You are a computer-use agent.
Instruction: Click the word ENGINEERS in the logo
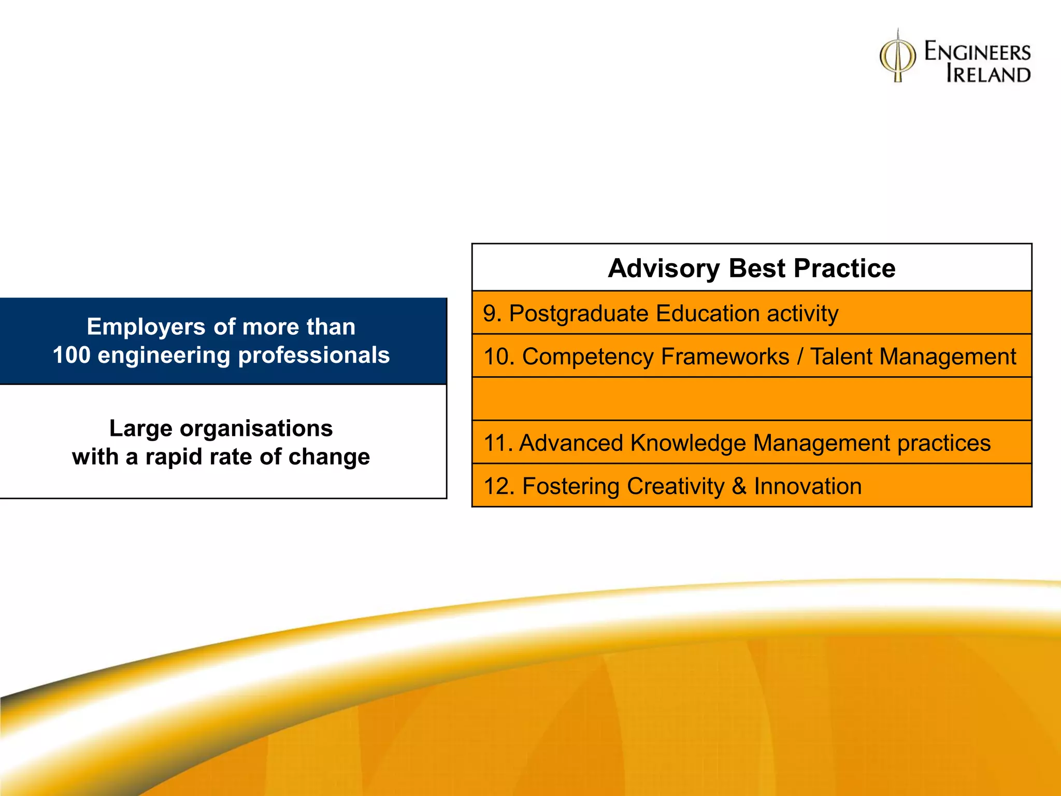tap(977, 52)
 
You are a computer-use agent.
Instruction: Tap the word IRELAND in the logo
tap(988, 74)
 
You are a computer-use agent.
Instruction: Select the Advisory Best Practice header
tap(751, 268)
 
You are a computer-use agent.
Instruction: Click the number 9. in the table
tap(492, 314)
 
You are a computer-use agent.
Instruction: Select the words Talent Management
tap(913, 357)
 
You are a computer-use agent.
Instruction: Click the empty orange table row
tap(751, 399)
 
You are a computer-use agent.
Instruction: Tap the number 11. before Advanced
tap(498, 443)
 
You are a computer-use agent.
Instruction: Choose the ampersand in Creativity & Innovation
tap(739, 486)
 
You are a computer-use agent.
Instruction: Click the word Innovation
tap(808, 486)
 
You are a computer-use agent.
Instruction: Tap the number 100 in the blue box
tap(71, 356)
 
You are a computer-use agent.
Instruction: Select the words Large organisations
tap(221, 429)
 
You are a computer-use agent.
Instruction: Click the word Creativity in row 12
tap(675, 486)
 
